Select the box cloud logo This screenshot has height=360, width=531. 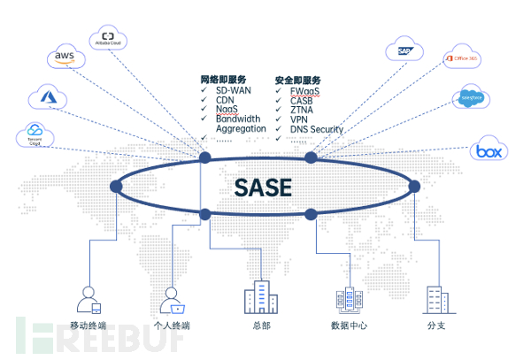tap(487, 150)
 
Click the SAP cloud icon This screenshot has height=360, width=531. tap(406, 51)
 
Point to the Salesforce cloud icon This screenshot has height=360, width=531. tap(470, 100)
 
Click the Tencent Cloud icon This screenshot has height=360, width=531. tap(35, 134)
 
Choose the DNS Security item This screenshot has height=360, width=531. tap(316, 129)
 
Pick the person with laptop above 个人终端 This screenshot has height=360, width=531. tap(172, 301)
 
